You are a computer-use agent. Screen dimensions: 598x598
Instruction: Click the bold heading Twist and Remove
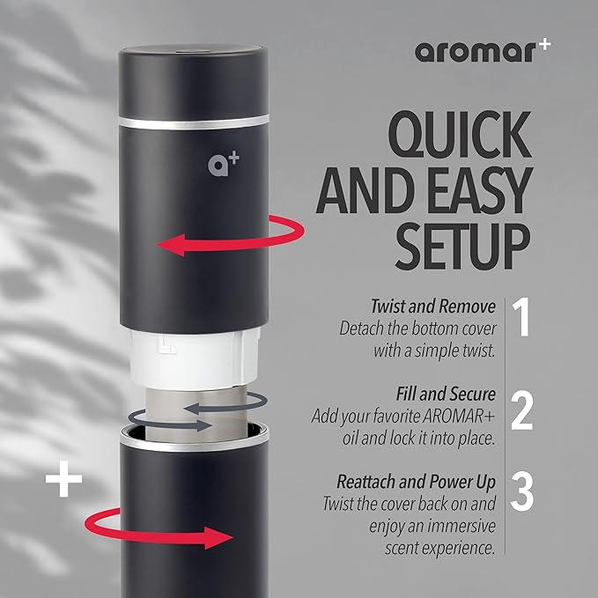click(x=433, y=308)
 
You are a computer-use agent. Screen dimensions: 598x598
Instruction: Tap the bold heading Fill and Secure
click(x=439, y=394)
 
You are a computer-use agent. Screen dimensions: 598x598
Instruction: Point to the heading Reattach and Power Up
click(x=416, y=482)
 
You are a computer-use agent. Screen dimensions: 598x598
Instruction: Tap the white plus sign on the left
click(x=63, y=480)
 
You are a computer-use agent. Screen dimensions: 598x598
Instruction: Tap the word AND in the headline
click(x=358, y=187)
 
